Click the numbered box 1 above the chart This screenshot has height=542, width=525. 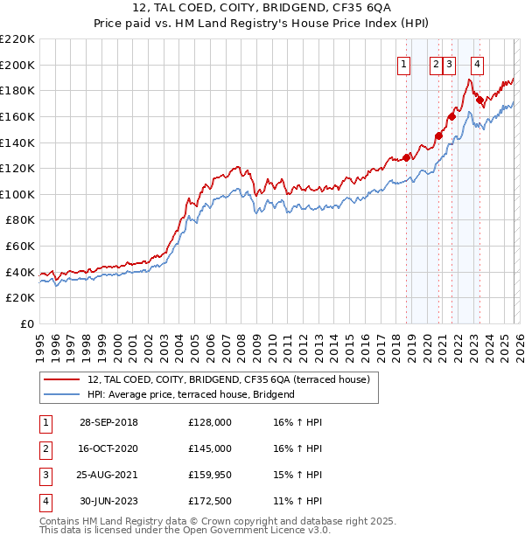(404, 63)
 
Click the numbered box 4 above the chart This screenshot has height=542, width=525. (477, 63)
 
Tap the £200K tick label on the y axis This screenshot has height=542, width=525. (17, 65)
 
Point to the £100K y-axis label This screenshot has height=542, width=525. (17, 194)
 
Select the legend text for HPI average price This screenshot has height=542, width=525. (191, 394)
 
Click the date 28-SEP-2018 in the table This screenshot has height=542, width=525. (108, 422)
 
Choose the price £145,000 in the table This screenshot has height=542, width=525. (210, 448)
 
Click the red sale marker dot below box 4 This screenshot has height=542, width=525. (479, 100)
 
